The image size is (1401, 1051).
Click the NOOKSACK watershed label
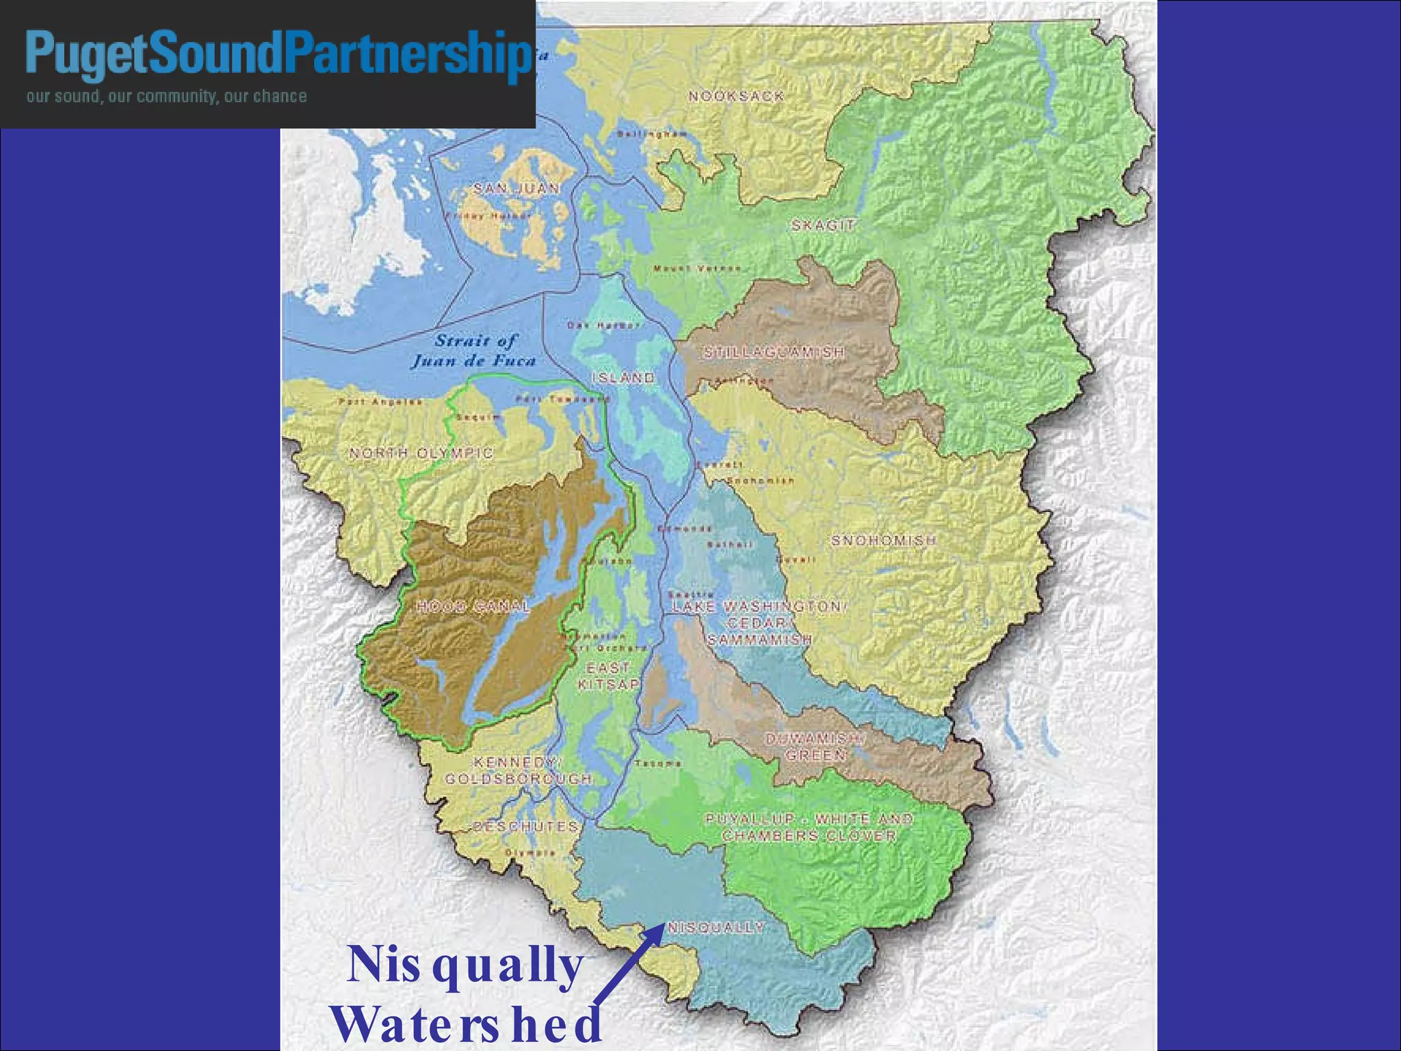(736, 96)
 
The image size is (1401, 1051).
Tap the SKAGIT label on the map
(824, 225)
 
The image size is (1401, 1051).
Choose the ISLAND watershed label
(623, 378)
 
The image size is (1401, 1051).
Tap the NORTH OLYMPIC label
(421, 453)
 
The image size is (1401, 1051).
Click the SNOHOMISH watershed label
(883, 541)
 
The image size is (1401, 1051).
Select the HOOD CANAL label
(473, 606)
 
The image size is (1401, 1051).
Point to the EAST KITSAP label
(608, 676)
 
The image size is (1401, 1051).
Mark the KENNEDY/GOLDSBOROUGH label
(519, 770)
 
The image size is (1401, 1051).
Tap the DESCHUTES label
(526, 827)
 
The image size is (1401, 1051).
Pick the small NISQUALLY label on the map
(716, 928)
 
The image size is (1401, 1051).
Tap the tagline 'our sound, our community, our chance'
(166, 96)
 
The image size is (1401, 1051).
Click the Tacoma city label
(658, 764)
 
